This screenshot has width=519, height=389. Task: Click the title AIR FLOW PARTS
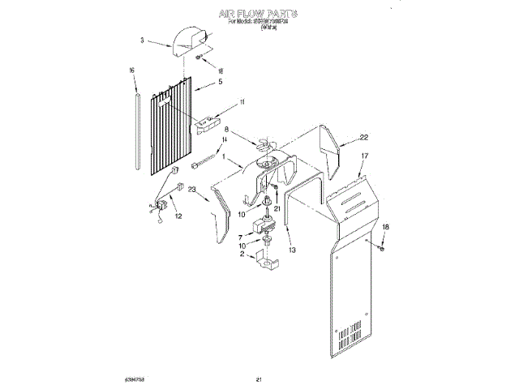coord(259,14)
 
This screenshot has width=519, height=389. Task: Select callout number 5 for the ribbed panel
coord(220,82)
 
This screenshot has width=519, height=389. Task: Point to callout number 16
coord(131,71)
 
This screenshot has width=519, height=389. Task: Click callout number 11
coord(241,102)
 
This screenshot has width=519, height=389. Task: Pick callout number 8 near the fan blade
coord(227,130)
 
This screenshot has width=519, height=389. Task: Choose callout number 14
coord(225,140)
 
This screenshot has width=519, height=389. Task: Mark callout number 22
coord(364,137)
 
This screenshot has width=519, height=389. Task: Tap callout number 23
coord(192,191)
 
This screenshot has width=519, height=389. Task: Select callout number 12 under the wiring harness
coord(178,216)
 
